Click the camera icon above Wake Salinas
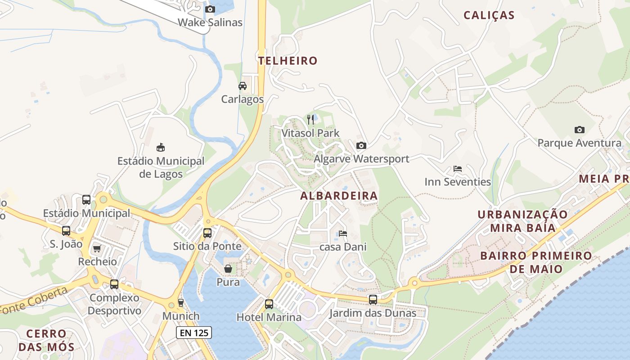click(x=210, y=9)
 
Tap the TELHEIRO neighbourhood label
click(x=288, y=61)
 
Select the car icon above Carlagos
click(x=242, y=86)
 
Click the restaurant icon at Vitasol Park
click(x=310, y=120)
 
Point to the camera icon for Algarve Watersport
click(x=361, y=145)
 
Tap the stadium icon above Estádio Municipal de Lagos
click(x=160, y=147)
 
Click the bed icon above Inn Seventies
click(x=457, y=169)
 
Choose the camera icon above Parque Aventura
click(x=579, y=130)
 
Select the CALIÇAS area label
click(x=489, y=15)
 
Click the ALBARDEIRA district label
click(x=339, y=196)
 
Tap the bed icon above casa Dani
click(x=343, y=234)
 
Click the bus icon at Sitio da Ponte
click(x=207, y=233)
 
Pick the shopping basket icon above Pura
click(x=228, y=269)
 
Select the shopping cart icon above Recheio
click(x=97, y=248)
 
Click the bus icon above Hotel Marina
click(x=269, y=304)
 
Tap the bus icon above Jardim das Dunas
click(x=373, y=299)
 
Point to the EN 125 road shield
click(x=193, y=333)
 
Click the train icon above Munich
click(x=181, y=302)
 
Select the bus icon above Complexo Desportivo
click(x=114, y=284)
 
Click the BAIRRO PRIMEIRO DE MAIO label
click(x=536, y=262)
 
